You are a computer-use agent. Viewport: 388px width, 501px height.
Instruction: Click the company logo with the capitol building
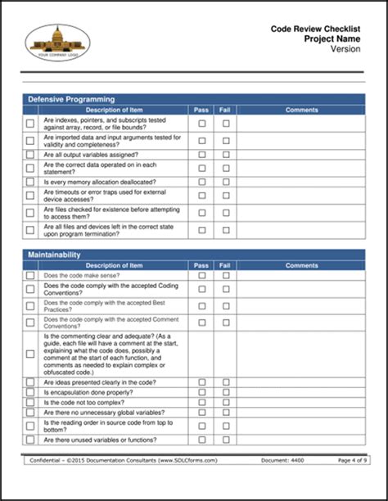57,42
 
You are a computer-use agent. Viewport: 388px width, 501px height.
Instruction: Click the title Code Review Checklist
316,28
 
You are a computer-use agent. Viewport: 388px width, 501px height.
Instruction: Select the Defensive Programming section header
71,99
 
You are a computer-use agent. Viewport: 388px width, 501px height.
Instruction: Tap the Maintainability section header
54,255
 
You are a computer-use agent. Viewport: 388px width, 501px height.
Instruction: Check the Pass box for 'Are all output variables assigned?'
201,153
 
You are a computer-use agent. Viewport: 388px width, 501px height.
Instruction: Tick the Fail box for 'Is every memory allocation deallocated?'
226,181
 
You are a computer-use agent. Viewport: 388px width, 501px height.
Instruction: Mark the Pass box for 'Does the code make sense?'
201,275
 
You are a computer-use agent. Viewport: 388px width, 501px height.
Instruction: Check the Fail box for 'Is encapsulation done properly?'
226,393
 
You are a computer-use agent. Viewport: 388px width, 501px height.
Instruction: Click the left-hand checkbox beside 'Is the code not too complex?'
30,404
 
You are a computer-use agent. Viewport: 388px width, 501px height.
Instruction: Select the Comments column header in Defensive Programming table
301,109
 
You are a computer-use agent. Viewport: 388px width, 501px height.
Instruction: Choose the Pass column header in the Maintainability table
201,265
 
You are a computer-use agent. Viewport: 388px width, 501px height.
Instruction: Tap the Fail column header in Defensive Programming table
226,109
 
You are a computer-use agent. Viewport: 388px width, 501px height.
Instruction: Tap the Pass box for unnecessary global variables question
201,413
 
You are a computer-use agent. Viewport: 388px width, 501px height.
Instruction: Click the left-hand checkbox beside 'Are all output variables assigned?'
30,153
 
